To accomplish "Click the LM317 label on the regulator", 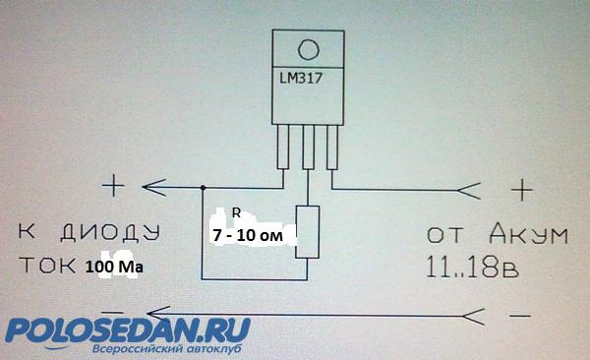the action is tap(301, 79).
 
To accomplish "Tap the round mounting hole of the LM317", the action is tap(309, 50).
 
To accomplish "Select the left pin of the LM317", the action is tap(283, 147).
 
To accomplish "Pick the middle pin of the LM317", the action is tap(308, 147).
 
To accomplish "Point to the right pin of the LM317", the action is tap(332, 147).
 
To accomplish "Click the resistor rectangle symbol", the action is tap(308, 232).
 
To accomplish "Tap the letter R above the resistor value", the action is tap(236, 213).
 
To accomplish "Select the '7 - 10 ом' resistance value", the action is tap(247, 236).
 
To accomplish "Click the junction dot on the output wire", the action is tap(203, 188).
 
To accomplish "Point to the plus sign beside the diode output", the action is tap(114, 186).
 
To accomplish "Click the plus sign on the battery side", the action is tap(522, 190).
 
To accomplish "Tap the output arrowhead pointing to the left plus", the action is tap(154, 187).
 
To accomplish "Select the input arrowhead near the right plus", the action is tap(469, 191).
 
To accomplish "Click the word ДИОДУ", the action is tap(110, 232).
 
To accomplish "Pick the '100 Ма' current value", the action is tap(114, 267).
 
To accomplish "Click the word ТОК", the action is tap(47, 266).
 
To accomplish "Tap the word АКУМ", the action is tap(528, 234).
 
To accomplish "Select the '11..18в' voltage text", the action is tap(473, 267).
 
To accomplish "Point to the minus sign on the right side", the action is tap(520, 316).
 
